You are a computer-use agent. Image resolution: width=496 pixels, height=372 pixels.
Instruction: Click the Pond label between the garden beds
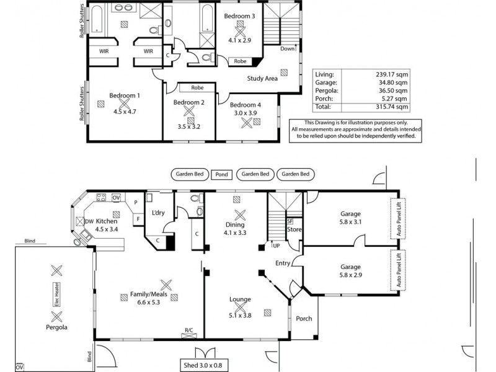pyautogui.click(x=221, y=174)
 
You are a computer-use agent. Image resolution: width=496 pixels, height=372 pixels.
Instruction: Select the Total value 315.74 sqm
pyautogui.click(x=393, y=106)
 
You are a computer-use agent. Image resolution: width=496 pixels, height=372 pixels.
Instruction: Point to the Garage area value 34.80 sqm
pyautogui.click(x=393, y=82)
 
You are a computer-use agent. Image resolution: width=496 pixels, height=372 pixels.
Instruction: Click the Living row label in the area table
pyautogui.click(x=324, y=74)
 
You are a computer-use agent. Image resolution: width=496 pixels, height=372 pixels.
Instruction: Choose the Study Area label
pyautogui.click(x=262, y=79)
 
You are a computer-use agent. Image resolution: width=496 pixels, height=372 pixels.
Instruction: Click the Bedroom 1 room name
pyautogui.click(x=125, y=95)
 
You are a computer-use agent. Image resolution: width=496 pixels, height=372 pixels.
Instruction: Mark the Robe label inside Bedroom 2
pyautogui.click(x=197, y=88)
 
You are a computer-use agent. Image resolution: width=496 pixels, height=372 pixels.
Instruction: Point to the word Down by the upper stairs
pyautogui.click(x=287, y=49)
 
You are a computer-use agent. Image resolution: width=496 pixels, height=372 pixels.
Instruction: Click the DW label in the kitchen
pyautogui.click(x=90, y=221)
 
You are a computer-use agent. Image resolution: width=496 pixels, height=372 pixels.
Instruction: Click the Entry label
pyautogui.click(x=283, y=263)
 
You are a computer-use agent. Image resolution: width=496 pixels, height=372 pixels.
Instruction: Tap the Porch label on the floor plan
pyautogui.click(x=304, y=319)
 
